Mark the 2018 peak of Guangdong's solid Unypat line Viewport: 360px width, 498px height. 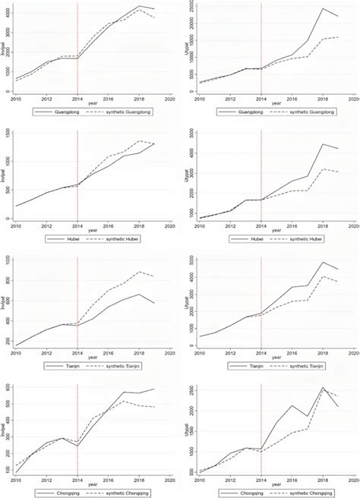pos(323,8)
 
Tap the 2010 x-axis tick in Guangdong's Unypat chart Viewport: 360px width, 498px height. pos(199,99)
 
